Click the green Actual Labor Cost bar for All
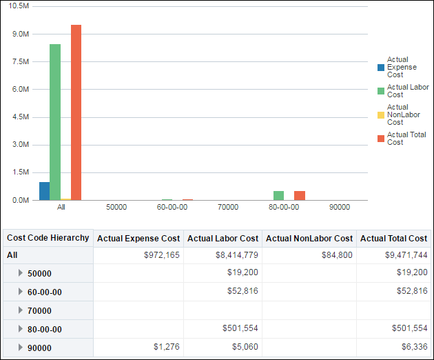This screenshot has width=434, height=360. (55, 122)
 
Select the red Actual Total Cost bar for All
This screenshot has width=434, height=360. (76, 112)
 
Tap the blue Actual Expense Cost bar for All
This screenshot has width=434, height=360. (44, 191)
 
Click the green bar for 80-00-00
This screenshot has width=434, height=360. (278, 196)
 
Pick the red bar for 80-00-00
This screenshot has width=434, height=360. (300, 196)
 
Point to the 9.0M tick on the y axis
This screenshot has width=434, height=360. (21, 34)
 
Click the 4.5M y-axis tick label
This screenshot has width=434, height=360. (21, 117)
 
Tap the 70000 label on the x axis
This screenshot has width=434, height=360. (228, 207)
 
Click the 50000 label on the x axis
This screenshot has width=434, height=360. (116, 207)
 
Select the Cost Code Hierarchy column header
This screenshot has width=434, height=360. (48, 238)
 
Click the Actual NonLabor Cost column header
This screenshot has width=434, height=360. (309, 239)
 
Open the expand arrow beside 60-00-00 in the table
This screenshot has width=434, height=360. (21, 292)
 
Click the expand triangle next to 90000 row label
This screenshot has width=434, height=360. (21, 348)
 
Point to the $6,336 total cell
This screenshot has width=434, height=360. (411, 348)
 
